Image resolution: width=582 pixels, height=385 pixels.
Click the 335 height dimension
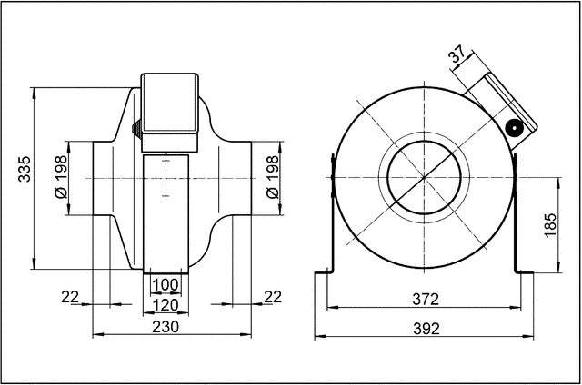click(25, 170)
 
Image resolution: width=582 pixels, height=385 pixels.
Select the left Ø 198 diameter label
click(61, 178)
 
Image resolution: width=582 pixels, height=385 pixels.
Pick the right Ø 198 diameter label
click(271, 178)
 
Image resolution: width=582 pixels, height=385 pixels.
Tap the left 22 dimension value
click(72, 297)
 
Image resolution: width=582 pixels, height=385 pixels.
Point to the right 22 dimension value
click(272, 297)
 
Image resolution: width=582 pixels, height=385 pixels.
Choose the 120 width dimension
click(166, 305)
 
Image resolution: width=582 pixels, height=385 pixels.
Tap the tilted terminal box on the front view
click(497, 104)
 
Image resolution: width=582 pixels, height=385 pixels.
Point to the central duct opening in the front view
click(425, 178)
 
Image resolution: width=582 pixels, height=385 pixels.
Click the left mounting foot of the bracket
click(324, 271)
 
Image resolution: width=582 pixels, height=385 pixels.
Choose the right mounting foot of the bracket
click(525, 271)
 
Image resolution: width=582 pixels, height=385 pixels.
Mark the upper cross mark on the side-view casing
click(166, 161)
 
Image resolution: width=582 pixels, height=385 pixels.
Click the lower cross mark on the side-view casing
click(166, 195)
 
